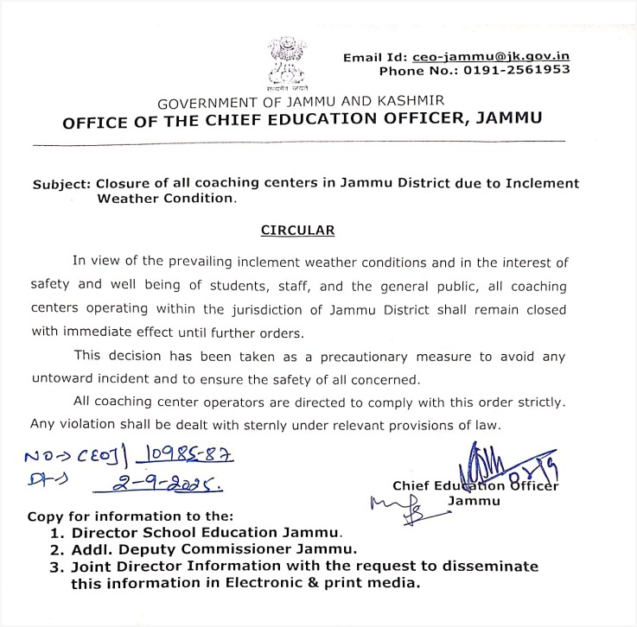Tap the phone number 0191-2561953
[x=516, y=70]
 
